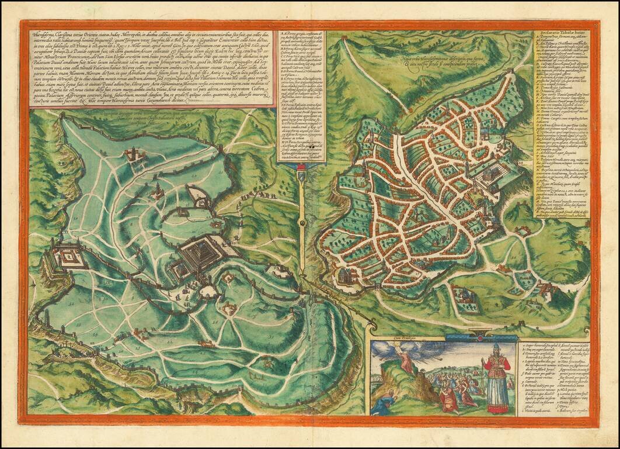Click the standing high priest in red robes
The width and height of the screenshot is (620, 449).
[497, 380]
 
